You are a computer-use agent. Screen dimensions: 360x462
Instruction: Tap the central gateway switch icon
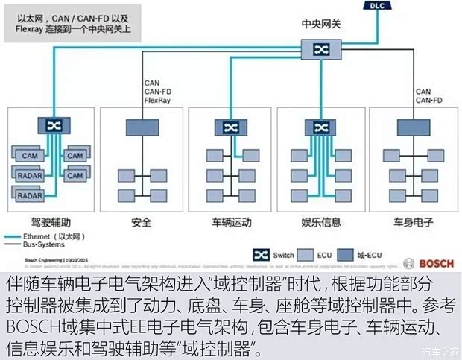(x=321, y=49)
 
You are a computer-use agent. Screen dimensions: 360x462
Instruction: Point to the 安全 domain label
(x=142, y=222)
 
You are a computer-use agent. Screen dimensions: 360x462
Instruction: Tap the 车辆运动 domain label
(x=232, y=222)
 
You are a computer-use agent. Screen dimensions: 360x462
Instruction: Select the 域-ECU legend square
(x=346, y=255)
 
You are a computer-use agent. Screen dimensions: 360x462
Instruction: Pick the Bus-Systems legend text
(x=42, y=244)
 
